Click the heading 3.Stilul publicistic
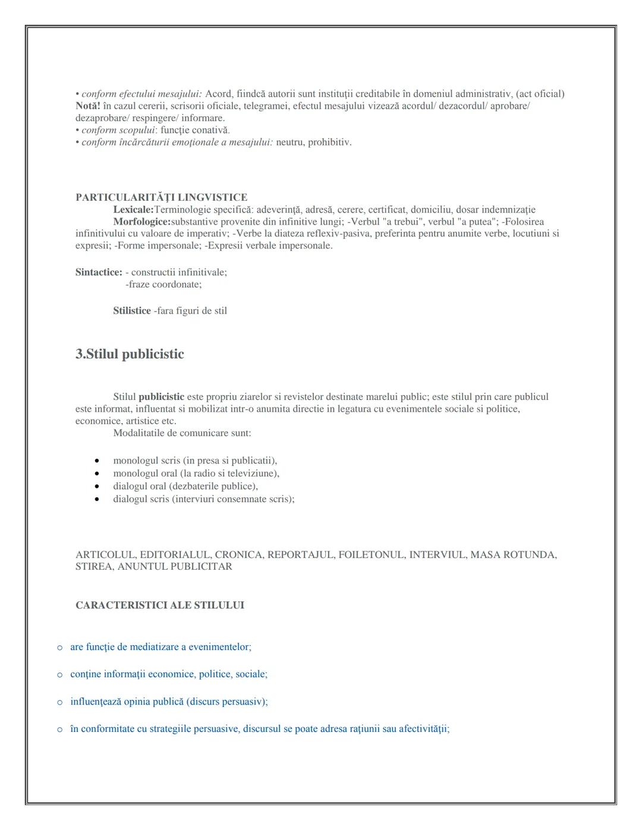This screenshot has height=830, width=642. pyautogui.click(x=130, y=354)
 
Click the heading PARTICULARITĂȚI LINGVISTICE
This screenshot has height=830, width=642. pyautogui.click(x=161, y=197)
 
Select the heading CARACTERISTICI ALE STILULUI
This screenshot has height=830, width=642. pyautogui.click(x=159, y=605)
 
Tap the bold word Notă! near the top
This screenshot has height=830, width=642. pyautogui.click(x=87, y=106)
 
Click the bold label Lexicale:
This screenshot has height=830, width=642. pyautogui.click(x=133, y=210)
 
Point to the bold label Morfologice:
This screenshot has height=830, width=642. pyautogui.click(x=141, y=222)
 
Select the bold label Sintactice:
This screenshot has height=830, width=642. pyautogui.click(x=99, y=272)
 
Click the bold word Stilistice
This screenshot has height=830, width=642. pyautogui.click(x=131, y=311)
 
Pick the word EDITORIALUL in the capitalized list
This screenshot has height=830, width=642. pyautogui.click(x=175, y=555)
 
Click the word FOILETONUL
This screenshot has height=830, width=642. pyautogui.click(x=372, y=555)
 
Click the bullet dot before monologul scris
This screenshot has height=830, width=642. pyautogui.click(x=96, y=461)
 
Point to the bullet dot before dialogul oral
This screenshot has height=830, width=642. pyautogui.click(x=96, y=487)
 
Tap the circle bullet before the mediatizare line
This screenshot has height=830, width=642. pyautogui.click(x=59, y=648)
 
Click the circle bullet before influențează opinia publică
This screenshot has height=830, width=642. pyautogui.click(x=59, y=702)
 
